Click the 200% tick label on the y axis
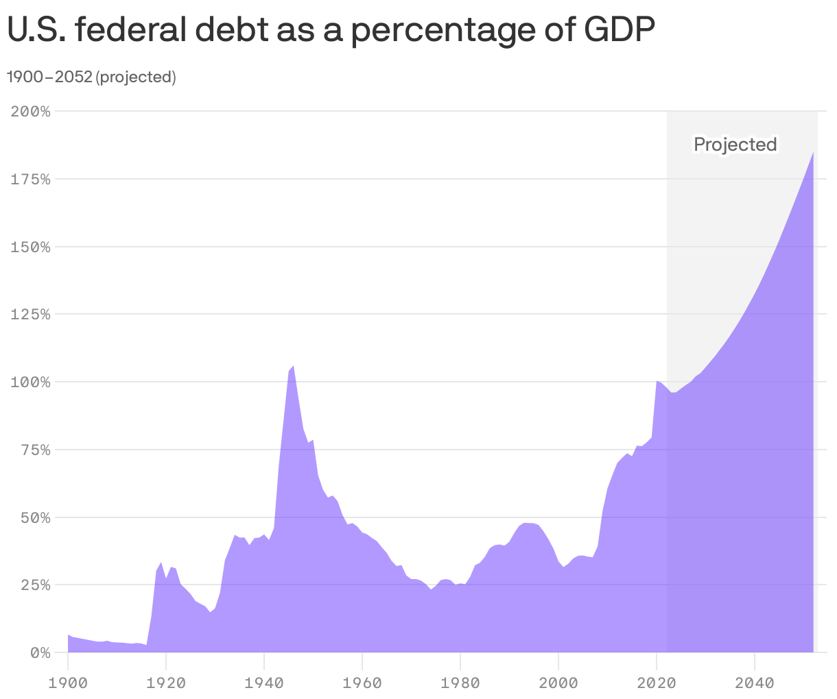coord(31,111)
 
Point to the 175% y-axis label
coord(31,179)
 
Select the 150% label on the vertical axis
coord(31,247)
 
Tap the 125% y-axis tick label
coord(31,314)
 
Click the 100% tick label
coord(31,382)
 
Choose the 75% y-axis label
coord(35,450)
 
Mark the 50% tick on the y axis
coord(35,517)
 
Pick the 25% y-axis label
coord(35,585)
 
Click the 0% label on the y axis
coord(39,652)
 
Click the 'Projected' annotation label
coord(735,145)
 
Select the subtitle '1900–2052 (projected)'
coord(91,77)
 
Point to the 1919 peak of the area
coord(161,563)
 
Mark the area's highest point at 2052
coord(813,152)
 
